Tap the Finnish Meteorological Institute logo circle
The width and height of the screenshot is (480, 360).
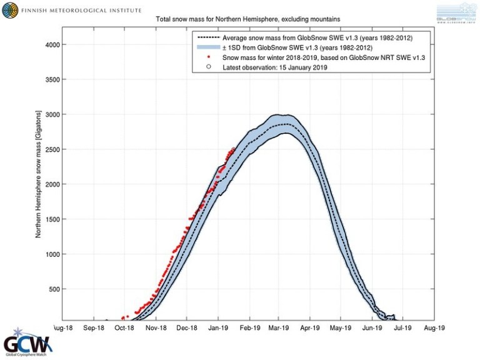coord(10,10)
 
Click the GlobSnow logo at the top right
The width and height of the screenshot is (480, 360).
coord(457,12)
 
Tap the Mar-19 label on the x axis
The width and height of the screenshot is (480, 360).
coord(279,327)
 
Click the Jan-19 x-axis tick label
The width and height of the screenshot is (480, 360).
coord(218,327)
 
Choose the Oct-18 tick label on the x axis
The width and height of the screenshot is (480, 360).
coord(124,327)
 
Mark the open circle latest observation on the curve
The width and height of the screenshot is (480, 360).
coord(234,149)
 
